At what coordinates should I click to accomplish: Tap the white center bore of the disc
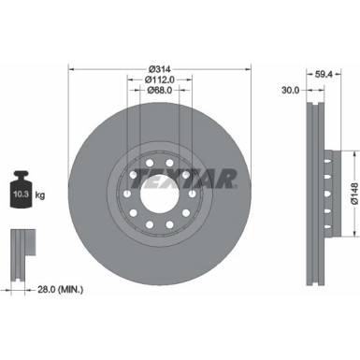(x=159, y=186)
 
